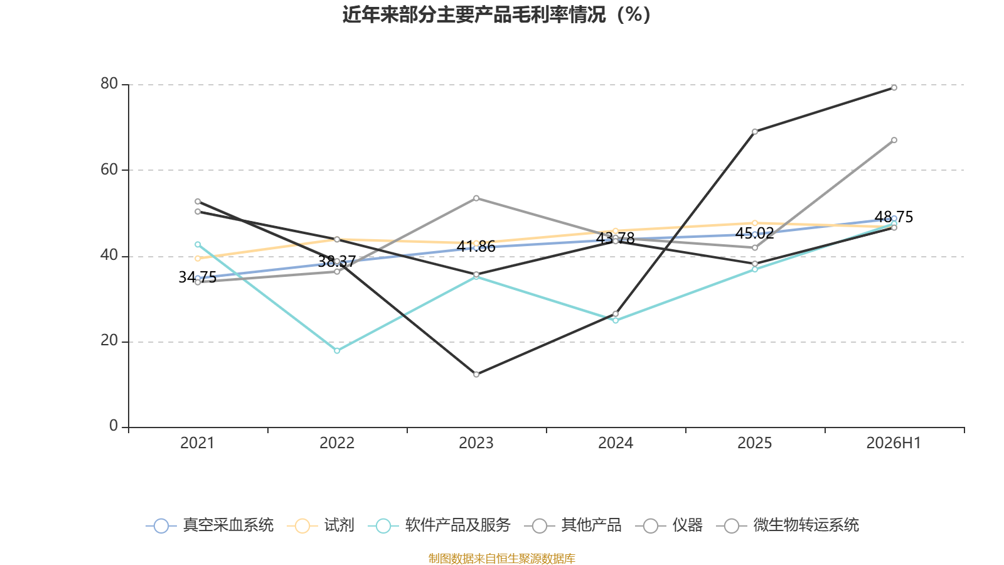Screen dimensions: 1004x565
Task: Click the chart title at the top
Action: pos(496,15)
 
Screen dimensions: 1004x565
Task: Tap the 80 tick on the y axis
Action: pos(109,83)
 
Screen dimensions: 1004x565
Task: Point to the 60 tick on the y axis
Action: pos(109,169)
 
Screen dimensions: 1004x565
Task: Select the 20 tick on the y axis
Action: pos(109,341)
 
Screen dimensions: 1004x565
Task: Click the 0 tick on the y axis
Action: pos(114,426)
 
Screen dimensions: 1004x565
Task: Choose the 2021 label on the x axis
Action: pos(197,443)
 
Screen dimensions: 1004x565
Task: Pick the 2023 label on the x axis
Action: pos(476,443)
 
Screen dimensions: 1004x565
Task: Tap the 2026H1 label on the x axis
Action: pos(894,443)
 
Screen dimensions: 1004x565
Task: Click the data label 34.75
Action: pos(197,277)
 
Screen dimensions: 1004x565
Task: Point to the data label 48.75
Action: pos(894,217)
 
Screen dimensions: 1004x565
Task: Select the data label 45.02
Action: pos(754,233)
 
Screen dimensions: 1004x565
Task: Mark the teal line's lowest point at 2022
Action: pos(337,351)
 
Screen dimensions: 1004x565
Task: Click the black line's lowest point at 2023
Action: pos(476,374)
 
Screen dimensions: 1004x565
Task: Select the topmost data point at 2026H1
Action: pos(894,87)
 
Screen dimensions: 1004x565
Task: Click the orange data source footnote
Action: pos(501,558)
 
